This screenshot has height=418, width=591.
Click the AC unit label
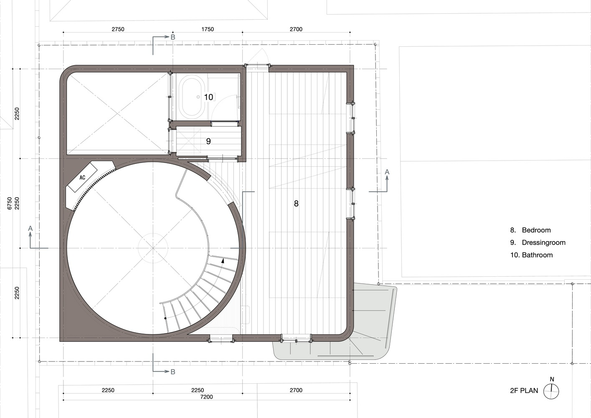coord(82,177)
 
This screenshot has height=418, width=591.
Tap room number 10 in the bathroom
coord(208,97)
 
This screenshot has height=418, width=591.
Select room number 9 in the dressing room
coord(208,141)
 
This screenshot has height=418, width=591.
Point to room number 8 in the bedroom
coord(296,203)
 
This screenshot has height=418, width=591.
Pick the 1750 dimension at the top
coord(208,29)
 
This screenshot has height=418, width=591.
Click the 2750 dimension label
coord(118,29)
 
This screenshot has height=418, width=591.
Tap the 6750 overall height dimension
coord(10,203)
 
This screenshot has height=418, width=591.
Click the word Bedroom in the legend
coord(536,230)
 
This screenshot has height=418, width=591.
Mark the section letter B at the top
coord(173,37)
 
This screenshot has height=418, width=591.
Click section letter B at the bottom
coord(173,372)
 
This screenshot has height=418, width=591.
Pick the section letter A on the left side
coord(30,228)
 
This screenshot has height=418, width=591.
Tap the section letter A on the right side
coord(387,172)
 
